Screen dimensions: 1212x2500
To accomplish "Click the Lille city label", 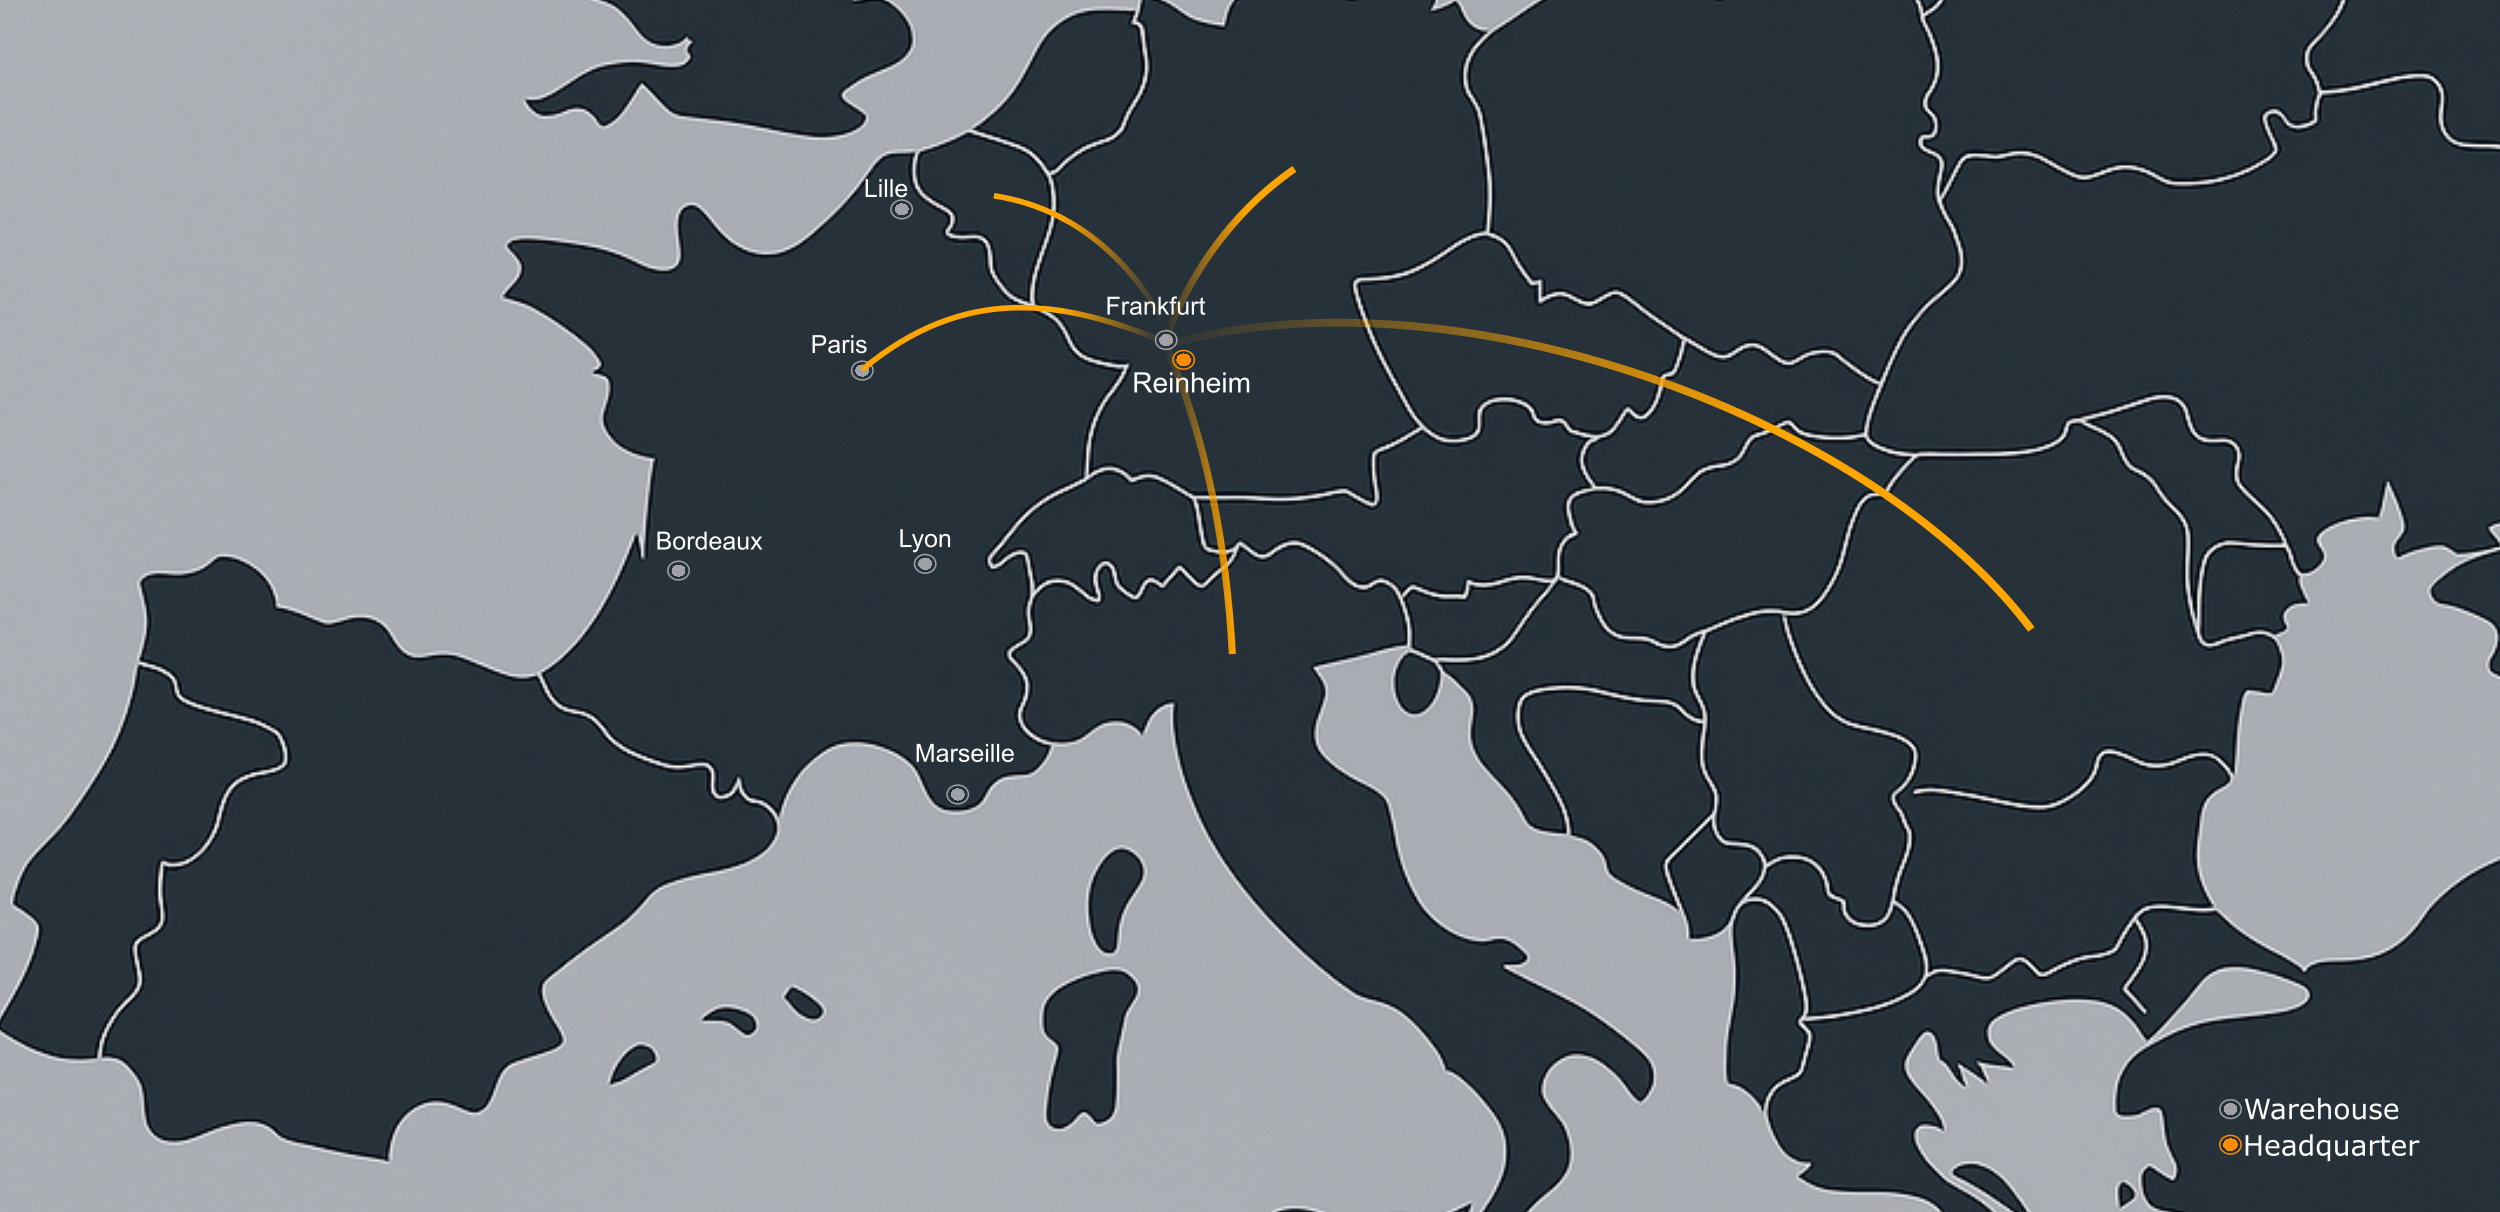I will (x=885, y=188).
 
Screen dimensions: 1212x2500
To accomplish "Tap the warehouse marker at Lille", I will (x=901, y=209).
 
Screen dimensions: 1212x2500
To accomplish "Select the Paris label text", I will (x=838, y=344).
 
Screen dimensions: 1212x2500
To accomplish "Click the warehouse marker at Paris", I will (x=862, y=371).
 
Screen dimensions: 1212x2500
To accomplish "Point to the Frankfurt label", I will (x=1155, y=306).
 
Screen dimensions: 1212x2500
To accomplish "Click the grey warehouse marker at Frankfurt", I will (x=1165, y=340).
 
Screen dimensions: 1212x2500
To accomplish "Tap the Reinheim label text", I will (x=1191, y=383).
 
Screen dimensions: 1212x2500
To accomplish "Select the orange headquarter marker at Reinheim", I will (x=1183, y=359).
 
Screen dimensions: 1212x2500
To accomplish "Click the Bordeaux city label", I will (x=708, y=541).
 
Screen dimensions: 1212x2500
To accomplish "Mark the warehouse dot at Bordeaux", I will (x=678, y=570).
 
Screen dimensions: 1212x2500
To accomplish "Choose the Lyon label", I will (x=924, y=539).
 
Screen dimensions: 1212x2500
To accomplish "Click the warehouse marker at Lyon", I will (x=925, y=564).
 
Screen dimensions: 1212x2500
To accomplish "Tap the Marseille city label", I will (x=964, y=753).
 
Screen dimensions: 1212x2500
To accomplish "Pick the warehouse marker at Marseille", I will (x=957, y=794).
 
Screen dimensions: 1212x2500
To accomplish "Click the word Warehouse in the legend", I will (x=2321, y=1109).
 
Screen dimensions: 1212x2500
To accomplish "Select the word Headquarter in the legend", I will (x=2330, y=1146).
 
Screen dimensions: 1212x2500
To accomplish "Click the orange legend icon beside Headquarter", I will (x=2229, y=1145).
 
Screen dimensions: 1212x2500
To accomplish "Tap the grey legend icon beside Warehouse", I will (x=2229, y=1108).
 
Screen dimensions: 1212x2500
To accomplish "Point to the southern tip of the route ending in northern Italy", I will (x=1232, y=651).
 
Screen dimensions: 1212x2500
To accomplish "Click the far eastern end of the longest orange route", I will (x=2029, y=627).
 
